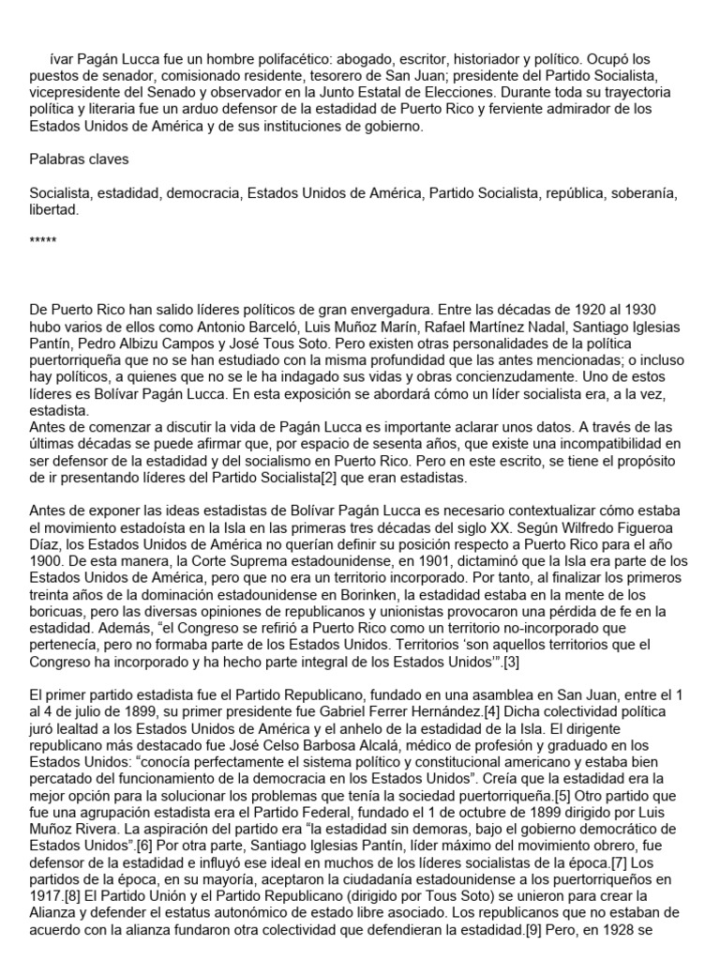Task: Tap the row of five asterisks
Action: tap(43, 241)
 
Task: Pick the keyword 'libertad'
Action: tap(52, 211)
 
